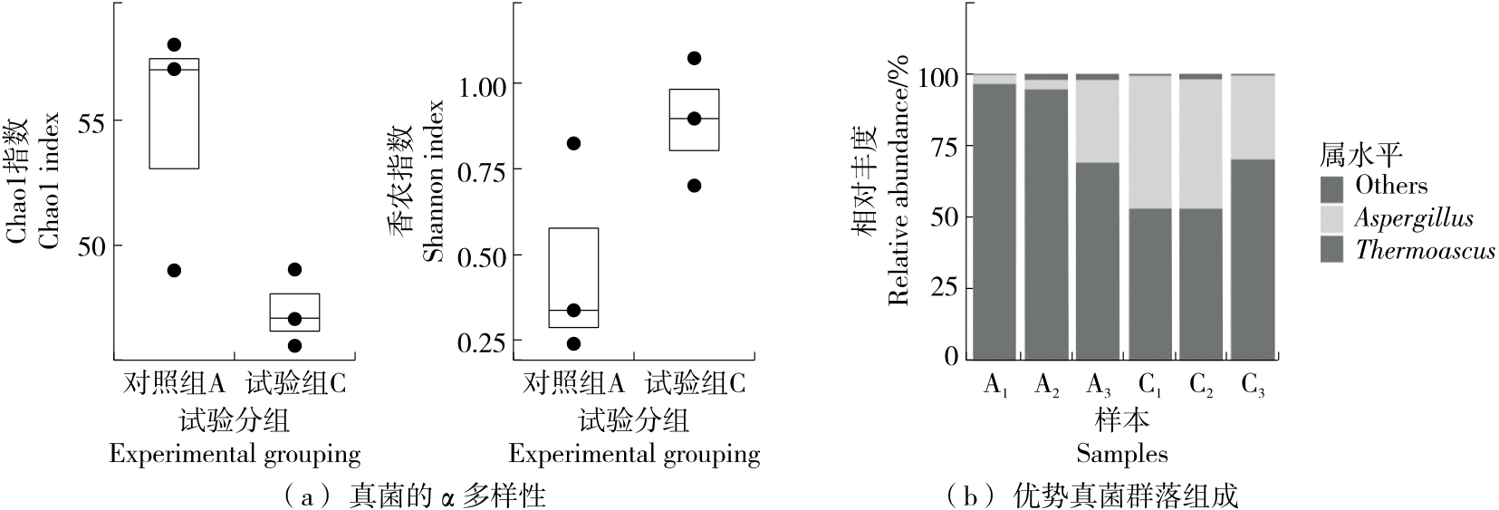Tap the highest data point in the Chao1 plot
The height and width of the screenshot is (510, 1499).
point(175,44)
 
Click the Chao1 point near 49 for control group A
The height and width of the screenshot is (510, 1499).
point(175,270)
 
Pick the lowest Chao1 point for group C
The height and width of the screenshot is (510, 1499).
point(294,345)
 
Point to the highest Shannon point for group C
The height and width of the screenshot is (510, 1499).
point(694,58)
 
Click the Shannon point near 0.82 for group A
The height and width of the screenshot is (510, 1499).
point(573,143)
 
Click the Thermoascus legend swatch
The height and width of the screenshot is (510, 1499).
point(1331,250)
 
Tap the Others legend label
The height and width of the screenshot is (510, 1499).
point(1391,186)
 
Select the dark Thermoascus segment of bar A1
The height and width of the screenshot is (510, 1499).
point(994,222)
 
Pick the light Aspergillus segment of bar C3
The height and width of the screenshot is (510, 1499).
point(1254,118)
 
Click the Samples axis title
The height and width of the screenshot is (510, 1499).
point(1122,454)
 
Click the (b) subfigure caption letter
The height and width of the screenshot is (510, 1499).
point(971,496)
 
